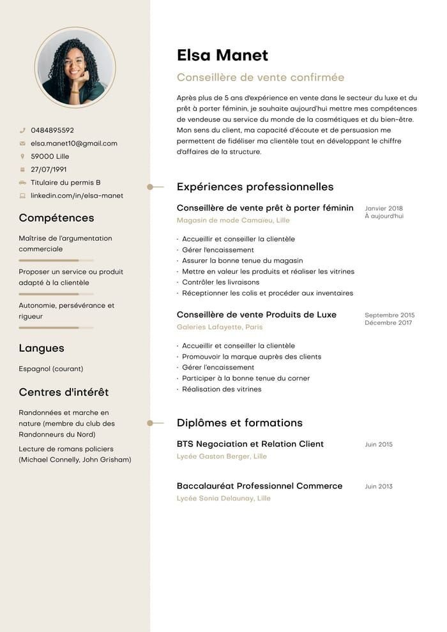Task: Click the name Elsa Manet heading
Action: click(222, 56)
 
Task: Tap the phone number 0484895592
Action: click(52, 130)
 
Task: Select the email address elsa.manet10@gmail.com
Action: click(74, 144)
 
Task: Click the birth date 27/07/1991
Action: click(49, 170)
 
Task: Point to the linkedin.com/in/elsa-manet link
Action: click(77, 196)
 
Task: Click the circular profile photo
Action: click(75, 67)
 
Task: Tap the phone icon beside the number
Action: click(22, 130)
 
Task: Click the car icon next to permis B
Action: click(22, 183)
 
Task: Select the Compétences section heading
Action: click(56, 218)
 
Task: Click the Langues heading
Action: click(42, 349)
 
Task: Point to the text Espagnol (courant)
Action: click(51, 369)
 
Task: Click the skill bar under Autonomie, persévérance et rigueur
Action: click(56, 327)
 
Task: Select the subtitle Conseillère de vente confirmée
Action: click(260, 78)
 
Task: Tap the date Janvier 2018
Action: click(384, 209)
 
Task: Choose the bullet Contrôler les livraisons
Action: click(221, 282)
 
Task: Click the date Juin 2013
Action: click(379, 486)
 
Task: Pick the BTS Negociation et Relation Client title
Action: click(250, 444)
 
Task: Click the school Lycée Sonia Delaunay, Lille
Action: click(223, 499)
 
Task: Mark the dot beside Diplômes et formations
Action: click(150, 423)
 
